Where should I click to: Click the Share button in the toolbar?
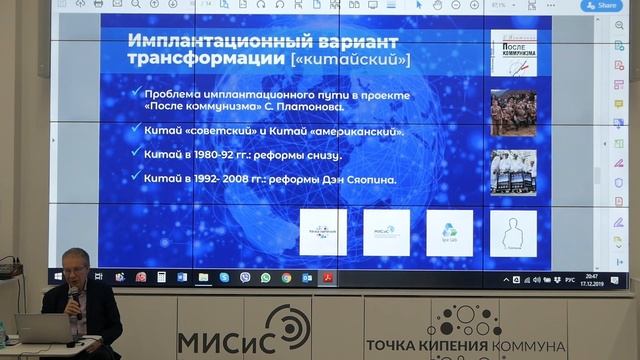(602, 5)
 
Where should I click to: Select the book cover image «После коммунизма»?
(513, 54)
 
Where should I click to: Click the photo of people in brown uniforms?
(513, 113)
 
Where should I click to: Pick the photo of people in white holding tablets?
(513, 172)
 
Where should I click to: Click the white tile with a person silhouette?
(513, 232)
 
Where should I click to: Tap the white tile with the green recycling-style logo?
(450, 232)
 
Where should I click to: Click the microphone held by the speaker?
(74, 296)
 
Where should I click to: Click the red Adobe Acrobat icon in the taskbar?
(327, 277)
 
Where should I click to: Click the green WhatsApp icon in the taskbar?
(266, 277)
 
